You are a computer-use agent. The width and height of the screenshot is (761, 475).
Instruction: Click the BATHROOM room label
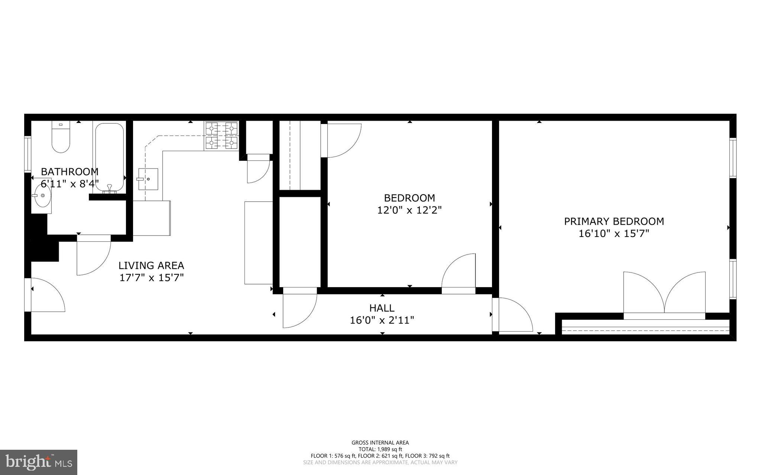[69, 172]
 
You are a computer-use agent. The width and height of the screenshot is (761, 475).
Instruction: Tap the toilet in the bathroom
[61, 138]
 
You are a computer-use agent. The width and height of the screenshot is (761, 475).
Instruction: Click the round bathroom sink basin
[41, 195]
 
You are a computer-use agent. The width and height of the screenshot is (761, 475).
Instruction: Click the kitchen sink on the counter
[148, 179]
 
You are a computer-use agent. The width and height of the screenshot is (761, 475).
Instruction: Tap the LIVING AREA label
[151, 266]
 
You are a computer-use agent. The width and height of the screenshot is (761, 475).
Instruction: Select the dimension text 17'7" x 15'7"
[151, 278]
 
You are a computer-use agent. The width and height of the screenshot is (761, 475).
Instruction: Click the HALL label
[382, 308]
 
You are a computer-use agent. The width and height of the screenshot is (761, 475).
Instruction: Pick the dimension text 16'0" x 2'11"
[382, 320]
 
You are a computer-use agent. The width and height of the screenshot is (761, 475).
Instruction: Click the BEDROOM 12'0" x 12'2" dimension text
[409, 210]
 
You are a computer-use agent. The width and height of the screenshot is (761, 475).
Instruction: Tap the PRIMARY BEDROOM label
[614, 221]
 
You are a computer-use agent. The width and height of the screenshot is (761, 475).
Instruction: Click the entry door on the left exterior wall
[45, 295]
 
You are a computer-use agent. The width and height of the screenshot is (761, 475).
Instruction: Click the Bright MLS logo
[39, 462]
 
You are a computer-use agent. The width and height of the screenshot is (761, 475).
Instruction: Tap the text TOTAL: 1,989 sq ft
[380, 449]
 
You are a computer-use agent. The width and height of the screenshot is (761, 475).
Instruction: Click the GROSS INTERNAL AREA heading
[380, 442]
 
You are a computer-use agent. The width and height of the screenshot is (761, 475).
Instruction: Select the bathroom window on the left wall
[27, 154]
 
